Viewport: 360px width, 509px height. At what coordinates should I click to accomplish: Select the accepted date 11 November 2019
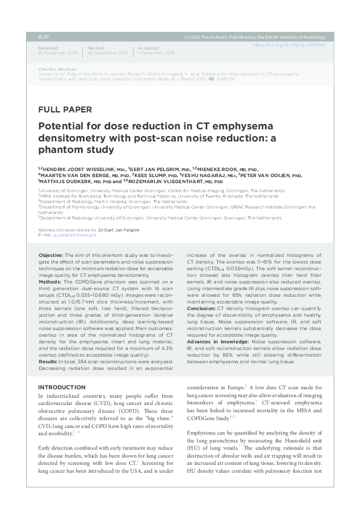tap(157, 53)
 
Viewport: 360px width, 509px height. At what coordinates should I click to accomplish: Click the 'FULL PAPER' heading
tap(65, 110)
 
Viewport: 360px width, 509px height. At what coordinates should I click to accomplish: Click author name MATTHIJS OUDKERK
tap(63, 181)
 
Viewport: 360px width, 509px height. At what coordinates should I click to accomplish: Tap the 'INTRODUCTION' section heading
tap(66, 386)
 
